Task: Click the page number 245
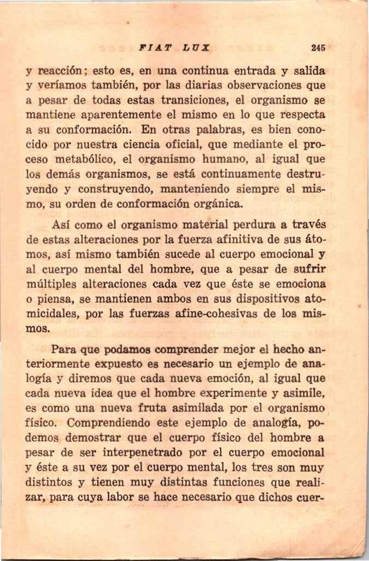(318, 48)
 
